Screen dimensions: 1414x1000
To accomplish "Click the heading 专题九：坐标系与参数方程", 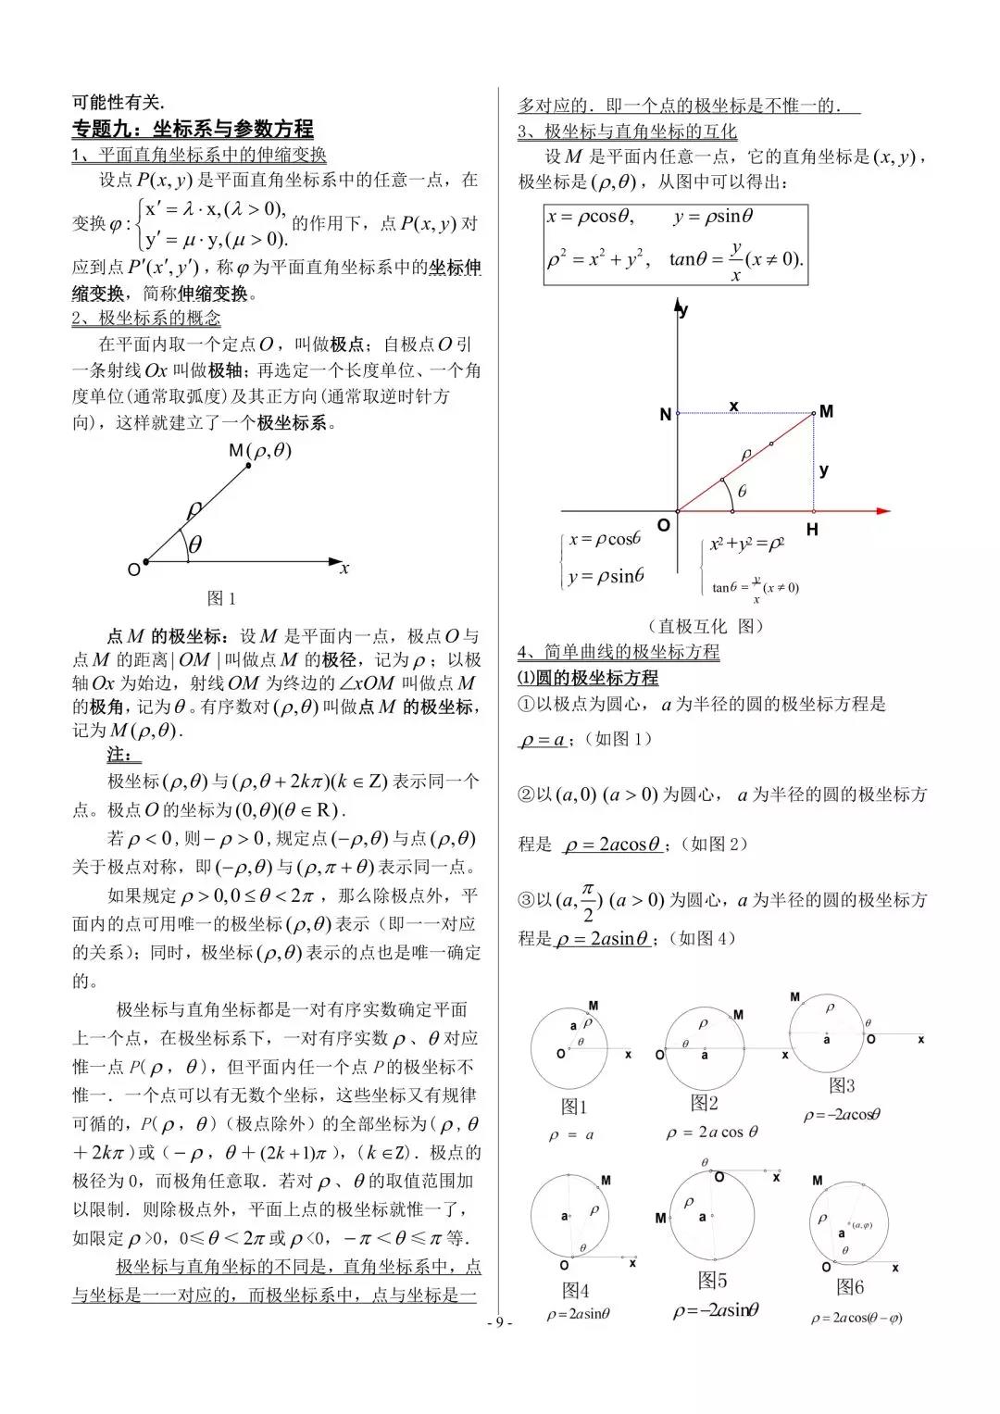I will (x=193, y=129).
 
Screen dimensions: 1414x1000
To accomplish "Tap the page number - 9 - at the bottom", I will (x=500, y=1322).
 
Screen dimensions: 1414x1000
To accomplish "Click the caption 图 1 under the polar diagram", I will (x=221, y=598).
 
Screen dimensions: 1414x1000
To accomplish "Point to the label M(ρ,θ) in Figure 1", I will (x=259, y=450).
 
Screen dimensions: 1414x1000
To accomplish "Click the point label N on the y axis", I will (x=665, y=415).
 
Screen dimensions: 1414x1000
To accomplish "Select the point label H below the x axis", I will (x=812, y=531).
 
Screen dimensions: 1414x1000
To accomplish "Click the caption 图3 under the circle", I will (x=842, y=1085).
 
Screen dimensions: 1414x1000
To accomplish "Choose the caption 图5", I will (x=712, y=1281).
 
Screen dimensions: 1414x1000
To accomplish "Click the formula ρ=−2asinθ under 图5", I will (x=716, y=1309).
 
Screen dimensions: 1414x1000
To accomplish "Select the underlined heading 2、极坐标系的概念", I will (x=146, y=319).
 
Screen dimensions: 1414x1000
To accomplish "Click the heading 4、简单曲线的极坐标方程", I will (x=619, y=652).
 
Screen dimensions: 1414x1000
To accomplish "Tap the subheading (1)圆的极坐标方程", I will (x=587, y=678).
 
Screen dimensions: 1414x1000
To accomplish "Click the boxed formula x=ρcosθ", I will (x=590, y=217).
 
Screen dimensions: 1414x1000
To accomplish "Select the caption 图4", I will (x=576, y=1290).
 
